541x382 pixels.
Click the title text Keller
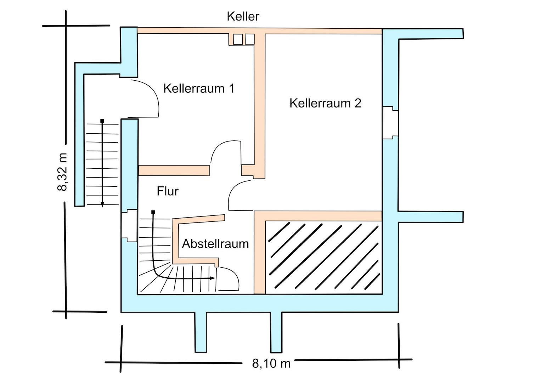pos(243,16)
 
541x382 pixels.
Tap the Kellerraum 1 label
pos(199,88)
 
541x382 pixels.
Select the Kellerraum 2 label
pos(325,103)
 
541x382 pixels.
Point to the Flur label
pos(168,191)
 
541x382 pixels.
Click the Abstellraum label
pos(215,244)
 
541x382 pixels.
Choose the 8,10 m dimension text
pos(271,363)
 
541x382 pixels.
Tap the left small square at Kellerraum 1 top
pos(237,39)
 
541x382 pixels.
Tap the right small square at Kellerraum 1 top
pos(249,39)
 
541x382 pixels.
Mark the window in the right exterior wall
pos(390,122)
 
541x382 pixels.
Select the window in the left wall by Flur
pos(129,226)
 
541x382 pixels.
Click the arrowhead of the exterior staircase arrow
pos(102,204)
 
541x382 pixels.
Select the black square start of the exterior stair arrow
pos(102,121)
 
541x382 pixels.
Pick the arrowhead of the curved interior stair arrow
pos(212,278)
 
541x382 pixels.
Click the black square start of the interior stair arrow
pos(153,212)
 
